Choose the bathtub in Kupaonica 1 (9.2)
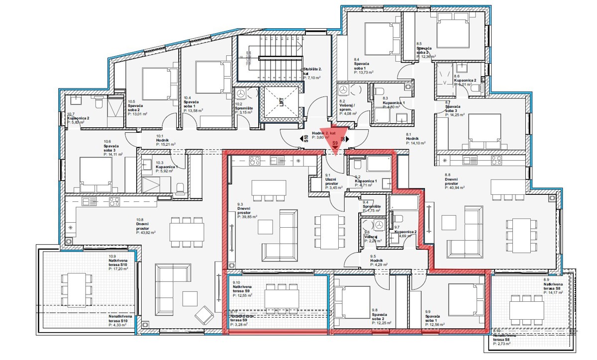pyautogui.click(x=374, y=164)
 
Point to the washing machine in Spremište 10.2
pyautogui.click(x=241, y=94)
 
